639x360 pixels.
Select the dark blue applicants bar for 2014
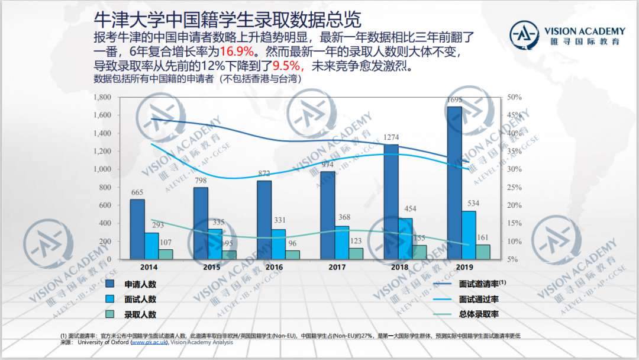click(x=137, y=229)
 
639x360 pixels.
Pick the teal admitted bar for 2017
click(x=356, y=253)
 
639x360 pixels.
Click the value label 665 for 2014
click(x=137, y=192)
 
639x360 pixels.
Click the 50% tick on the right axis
click(x=512, y=97)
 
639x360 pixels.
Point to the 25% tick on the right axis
click(x=512, y=187)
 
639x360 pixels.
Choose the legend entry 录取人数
click(x=140, y=314)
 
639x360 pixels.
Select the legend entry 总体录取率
click(x=479, y=314)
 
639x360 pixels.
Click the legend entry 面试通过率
click(x=479, y=299)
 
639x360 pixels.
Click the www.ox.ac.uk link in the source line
click(x=149, y=342)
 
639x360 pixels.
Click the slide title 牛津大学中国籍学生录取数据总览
click(x=227, y=20)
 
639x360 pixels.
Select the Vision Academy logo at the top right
click(x=567, y=36)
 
